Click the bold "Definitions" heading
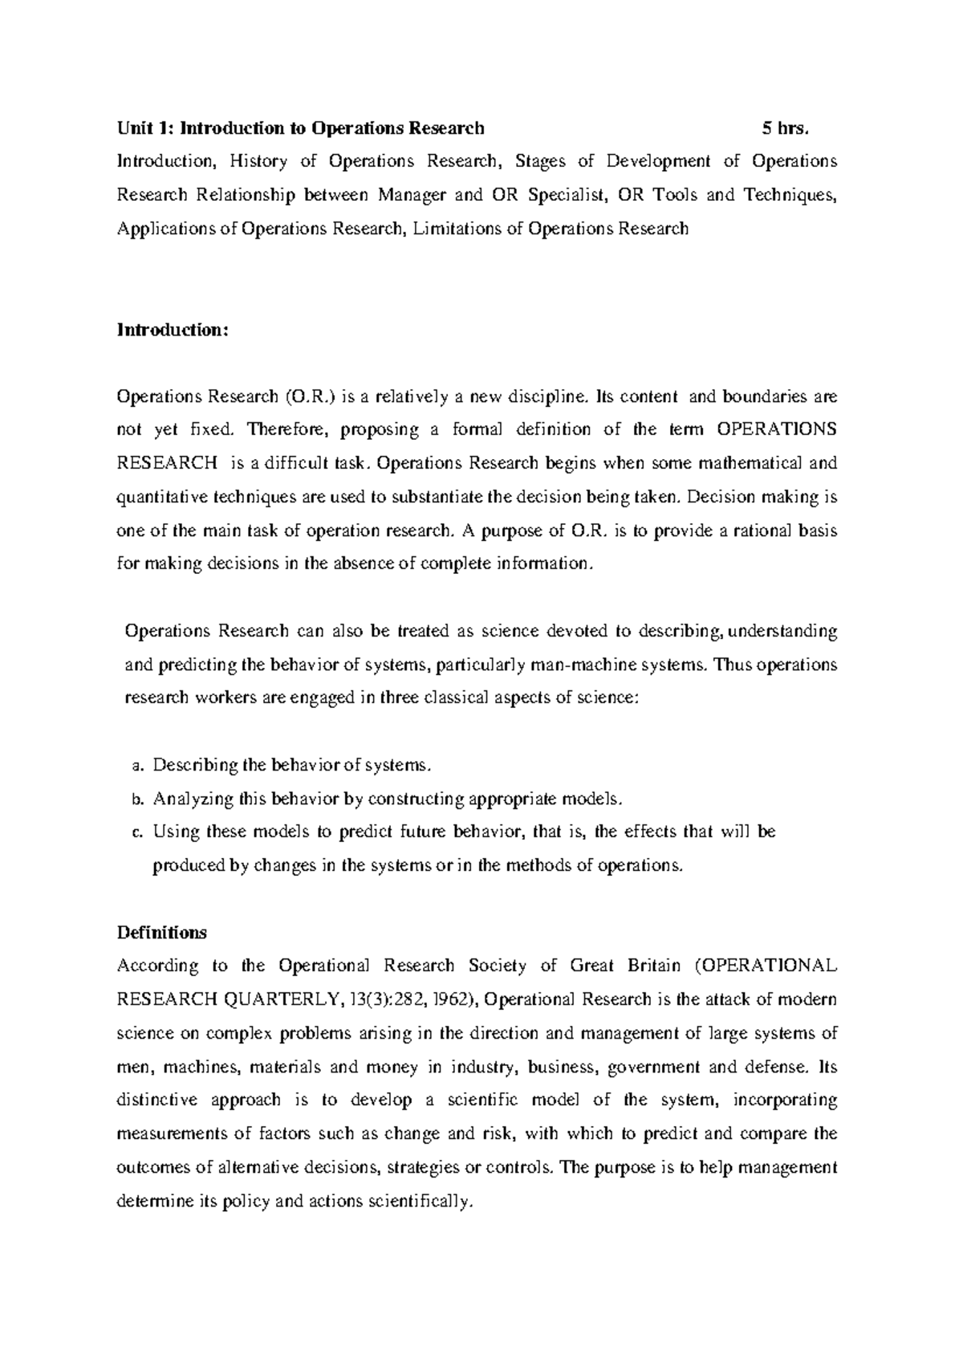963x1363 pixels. (162, 933)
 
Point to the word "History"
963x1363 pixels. (258, 161)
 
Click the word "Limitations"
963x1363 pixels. (456, 229)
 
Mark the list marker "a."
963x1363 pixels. (136, 766)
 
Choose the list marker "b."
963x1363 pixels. (136, 799)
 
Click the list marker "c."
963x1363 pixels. (136, 832)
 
